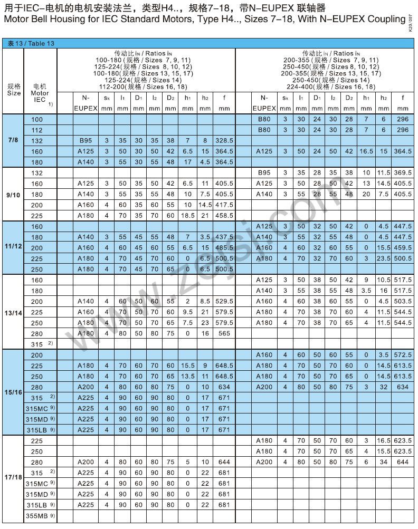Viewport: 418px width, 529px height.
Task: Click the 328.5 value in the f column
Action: (224, 141)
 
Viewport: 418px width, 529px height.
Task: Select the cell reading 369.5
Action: (402, 173)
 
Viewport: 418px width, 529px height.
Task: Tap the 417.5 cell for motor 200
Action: (224, 205)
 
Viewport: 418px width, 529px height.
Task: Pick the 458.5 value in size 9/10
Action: (224, 216)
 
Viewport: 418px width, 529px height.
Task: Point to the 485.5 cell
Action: (224, 248)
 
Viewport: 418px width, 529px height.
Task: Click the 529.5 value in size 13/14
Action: (224, 302)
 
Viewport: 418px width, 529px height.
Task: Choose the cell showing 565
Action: (224, 334)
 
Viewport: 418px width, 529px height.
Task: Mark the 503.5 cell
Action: (402, 302)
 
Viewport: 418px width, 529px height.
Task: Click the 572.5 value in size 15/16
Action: (402, 355)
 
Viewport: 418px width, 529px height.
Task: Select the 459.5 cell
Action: (402, 248)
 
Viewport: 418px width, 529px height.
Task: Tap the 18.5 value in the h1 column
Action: (187, 216)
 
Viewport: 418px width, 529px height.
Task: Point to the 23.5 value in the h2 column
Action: (384, 258)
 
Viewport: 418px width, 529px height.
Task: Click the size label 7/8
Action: (13, 141)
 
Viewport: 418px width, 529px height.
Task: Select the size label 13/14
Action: (13, 313)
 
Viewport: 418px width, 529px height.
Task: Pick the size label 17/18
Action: (13, 477)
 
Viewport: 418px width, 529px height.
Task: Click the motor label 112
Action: (37, 130)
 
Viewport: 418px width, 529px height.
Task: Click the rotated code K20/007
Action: (411, 25)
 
